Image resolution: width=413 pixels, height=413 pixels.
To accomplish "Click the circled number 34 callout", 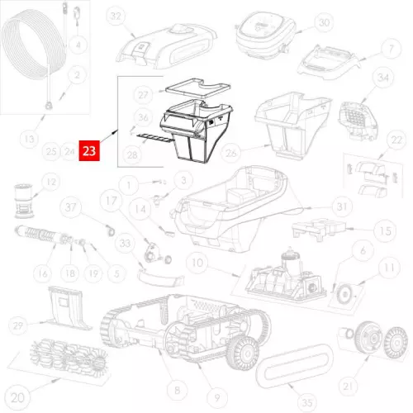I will pyautogui.click(x=382, y=78).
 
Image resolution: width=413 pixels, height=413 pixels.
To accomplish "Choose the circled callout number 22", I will pyautogui.click(x=396, y=140).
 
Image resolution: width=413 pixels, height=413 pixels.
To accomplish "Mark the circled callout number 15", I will pyautogui.click(x=382, y=234).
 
